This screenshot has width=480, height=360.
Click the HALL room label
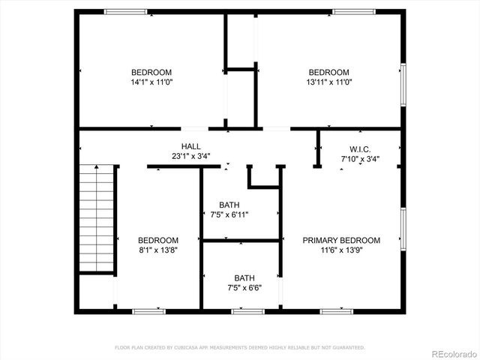click(190, 146)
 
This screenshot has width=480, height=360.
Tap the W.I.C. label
click(360, 148)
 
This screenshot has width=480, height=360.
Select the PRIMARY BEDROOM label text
click(341, 241)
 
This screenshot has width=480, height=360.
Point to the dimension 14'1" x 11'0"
click(151, 82)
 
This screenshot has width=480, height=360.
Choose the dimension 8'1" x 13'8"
click(158, 250)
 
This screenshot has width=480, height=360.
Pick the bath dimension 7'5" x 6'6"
click(244, 287)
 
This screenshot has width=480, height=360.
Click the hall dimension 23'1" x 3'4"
click(190, 157)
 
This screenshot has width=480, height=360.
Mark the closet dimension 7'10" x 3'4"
click(360, 159)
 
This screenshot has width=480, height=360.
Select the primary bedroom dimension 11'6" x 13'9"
click(341, 250)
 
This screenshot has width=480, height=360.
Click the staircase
click(96, 217)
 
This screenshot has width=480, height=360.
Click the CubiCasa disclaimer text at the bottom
click(239, 347)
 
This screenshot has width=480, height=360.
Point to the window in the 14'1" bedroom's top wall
click(125, 11)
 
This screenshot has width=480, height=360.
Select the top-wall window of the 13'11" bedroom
click(354, 11)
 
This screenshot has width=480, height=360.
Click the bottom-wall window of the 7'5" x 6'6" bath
click(247, 310)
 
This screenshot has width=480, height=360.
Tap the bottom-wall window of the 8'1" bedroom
click(149, 310)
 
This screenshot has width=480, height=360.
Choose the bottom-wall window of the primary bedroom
click(337, 310)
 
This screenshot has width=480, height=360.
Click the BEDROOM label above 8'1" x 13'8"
click(158, 241)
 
